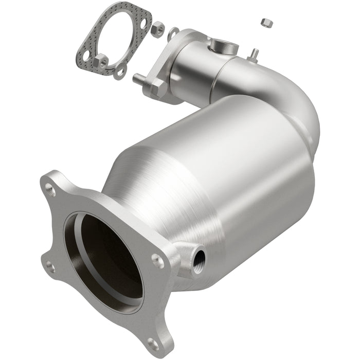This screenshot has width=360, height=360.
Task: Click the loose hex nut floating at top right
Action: click(266, 22)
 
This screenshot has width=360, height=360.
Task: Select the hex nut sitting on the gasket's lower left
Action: click(101, 61)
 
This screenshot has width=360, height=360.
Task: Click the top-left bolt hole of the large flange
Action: click(51, 190)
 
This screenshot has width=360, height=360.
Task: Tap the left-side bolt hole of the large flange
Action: click(50, 266)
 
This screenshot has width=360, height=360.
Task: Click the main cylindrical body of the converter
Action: click(242, 170)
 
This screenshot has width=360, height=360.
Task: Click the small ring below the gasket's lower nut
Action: click(120, 72)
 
